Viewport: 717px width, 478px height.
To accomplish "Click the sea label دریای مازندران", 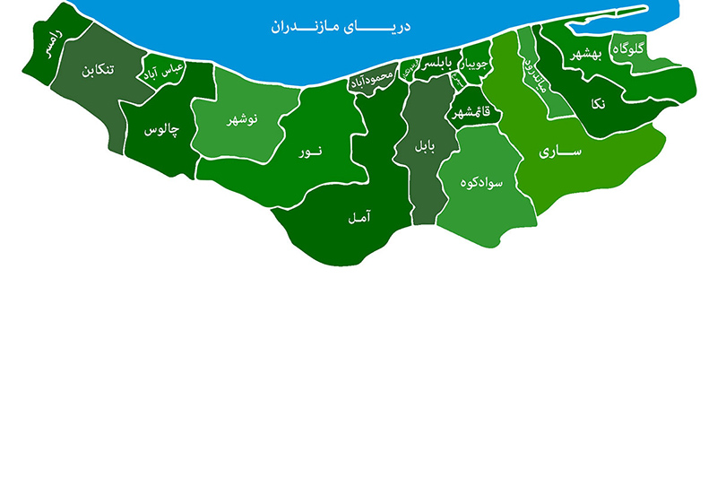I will [341, 26].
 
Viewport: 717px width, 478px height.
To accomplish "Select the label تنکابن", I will [98, 74].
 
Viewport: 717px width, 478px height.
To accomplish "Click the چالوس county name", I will [161, 130].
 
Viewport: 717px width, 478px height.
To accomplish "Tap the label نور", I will [310, 153].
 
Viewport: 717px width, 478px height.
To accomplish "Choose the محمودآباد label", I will [371, 80].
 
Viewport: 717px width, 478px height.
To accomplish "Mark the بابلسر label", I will [440, 64].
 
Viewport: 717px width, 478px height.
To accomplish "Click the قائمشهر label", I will [471, 113].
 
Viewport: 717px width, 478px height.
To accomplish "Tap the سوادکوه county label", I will [481, 183].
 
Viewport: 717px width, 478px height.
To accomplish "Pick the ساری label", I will [561, 152].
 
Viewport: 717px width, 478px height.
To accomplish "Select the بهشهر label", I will [587, 56].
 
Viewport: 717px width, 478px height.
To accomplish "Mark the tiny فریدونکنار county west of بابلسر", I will [409, 67].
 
